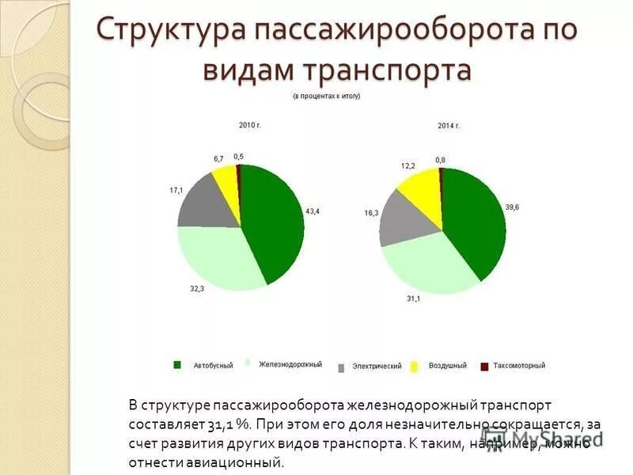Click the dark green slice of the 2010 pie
point(273,222)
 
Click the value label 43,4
point(313,211)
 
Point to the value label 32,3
point(197,289)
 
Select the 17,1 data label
point(176,191)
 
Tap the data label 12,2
point(408,165)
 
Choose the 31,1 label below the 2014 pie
point(414,298)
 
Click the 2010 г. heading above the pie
point(250,124)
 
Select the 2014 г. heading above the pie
point(449,126)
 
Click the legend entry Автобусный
point(213,365)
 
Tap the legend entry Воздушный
point(448,365)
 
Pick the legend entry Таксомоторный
point(518,365)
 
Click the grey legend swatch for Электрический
point(341,367)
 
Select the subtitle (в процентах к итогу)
point(326,96)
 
